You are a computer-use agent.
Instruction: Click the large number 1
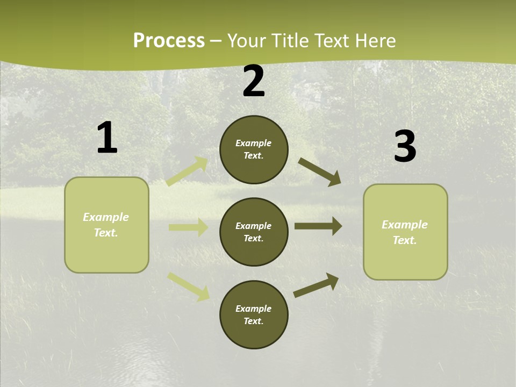point(107,138)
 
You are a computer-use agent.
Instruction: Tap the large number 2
point(254,82)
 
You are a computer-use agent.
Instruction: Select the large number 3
point(405,147)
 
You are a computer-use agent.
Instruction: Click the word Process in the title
point(169,40)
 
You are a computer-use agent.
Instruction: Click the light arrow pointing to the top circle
point(188,171)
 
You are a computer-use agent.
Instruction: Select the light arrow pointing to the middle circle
point(188,227)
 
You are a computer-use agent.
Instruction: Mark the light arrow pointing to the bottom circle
point(189,286)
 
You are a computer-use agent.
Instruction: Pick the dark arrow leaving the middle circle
point(318,226)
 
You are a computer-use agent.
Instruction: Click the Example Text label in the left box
point(106,225)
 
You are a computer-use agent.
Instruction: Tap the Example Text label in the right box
point(405,232)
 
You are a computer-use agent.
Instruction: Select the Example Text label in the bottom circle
point(253,315)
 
